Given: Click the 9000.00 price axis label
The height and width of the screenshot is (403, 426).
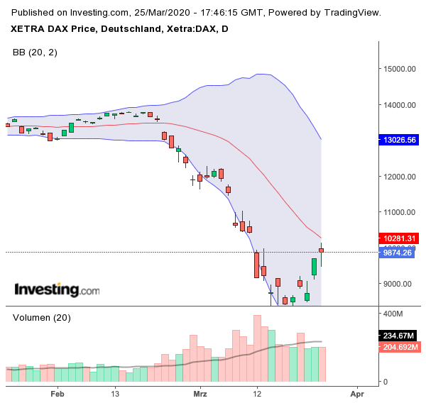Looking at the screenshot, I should (x=398, y=284).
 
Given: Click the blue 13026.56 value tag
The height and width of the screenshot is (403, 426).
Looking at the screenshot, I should (x=400, y=140).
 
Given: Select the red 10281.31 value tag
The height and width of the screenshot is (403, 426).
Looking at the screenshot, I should (x=400, y=238).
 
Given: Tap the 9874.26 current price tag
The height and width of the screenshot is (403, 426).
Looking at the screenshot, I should (x=398, y=252).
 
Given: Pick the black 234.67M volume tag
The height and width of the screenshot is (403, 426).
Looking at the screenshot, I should (x=400, y=336).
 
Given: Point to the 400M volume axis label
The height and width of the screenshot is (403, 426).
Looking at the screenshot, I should (x=395, y=313).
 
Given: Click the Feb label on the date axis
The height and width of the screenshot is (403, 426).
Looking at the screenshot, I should (x=58, y=392).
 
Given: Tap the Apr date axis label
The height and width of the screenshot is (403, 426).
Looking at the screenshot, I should (x=356, y=392).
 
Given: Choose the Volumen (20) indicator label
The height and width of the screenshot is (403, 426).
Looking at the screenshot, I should (x=42, y=318).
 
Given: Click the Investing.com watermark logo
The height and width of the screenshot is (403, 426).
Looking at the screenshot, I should (x=58, y=289).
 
